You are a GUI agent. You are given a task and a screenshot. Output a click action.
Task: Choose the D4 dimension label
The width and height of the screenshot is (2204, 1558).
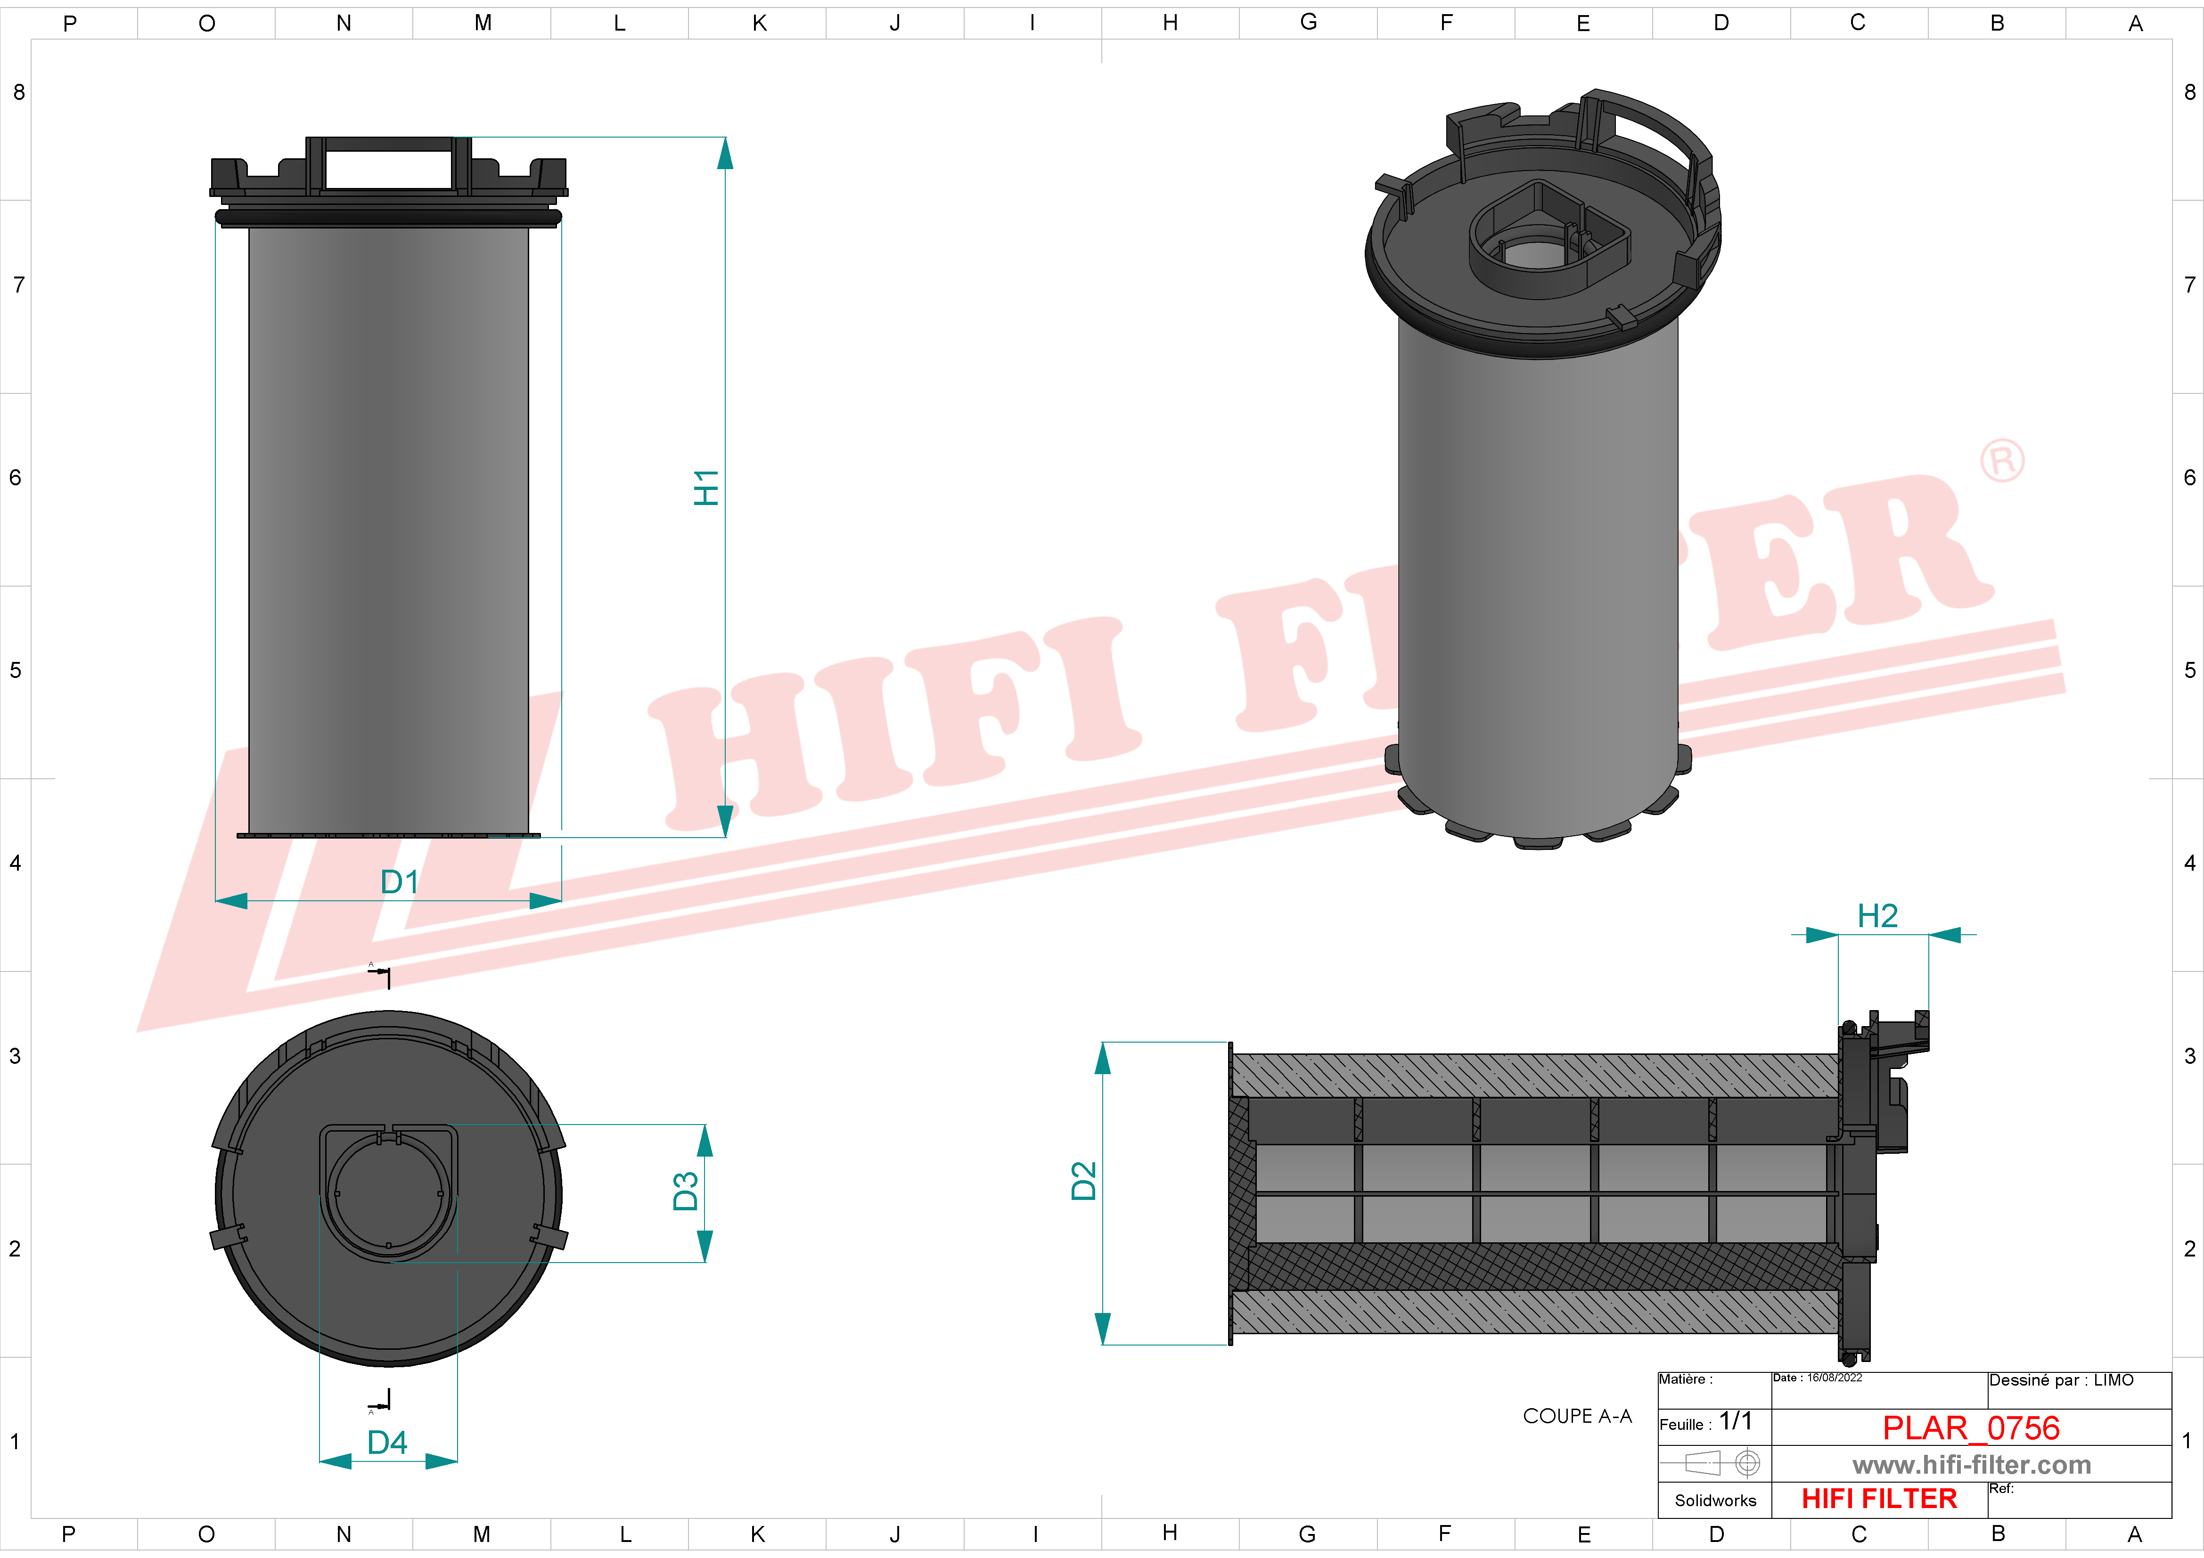coord(387,1442)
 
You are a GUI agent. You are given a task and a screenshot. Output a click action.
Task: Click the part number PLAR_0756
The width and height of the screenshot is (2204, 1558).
coord(1971,1427)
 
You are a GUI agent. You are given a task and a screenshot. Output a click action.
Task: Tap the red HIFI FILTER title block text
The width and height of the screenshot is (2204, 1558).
coord(1878,1499)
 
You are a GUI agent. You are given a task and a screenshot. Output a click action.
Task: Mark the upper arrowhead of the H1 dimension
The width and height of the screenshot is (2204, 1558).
coord(725,154)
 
